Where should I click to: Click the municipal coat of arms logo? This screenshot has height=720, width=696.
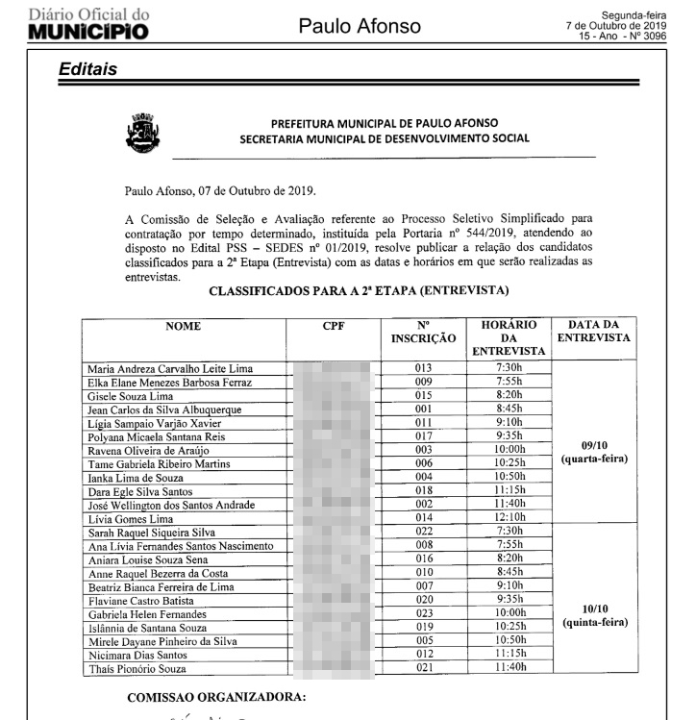142,134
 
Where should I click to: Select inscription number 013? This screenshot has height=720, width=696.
425,368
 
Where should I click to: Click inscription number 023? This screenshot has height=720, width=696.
425,613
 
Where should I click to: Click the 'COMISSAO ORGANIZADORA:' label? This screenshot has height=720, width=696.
216,698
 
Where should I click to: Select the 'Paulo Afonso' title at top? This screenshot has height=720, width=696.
360,26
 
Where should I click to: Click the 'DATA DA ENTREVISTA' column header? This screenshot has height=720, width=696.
594,332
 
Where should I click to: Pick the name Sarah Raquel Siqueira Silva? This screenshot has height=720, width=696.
151,532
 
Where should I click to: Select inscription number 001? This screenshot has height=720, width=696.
425,410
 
